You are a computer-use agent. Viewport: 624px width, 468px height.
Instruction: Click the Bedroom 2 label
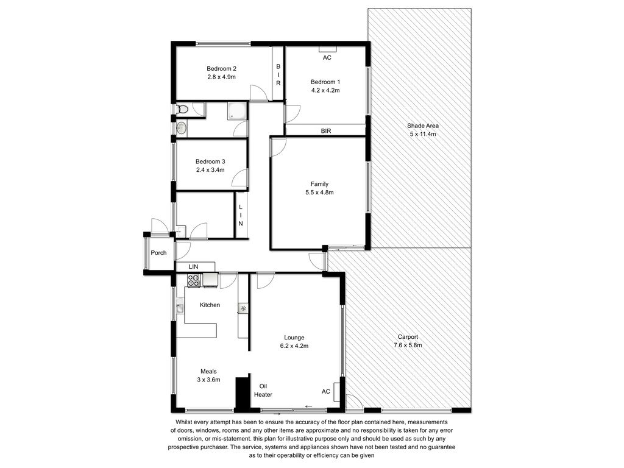coord(221,68)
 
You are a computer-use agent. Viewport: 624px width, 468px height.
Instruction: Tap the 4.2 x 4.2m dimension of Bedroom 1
coord(325,90)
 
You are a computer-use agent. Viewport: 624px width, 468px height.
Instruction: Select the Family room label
coord(319,184)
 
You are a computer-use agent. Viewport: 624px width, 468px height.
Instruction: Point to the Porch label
coord(158,253)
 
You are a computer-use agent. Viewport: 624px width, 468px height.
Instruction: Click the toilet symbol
coord(182,108)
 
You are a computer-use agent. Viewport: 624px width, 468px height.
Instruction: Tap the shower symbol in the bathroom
coord(237,111)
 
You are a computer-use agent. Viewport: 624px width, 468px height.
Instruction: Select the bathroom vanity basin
coord(181,128)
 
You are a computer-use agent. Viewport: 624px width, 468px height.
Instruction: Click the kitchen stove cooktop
coord(193,280)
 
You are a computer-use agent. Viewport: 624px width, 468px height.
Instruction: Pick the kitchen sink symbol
coord(180,308)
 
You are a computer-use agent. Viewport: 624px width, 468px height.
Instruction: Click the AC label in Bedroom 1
coord(327,58)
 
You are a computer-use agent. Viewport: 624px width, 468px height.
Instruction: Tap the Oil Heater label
coord(263,391)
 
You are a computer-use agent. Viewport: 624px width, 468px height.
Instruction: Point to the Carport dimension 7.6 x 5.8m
coord(408,345)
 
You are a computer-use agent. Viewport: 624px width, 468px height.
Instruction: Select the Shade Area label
coord(423,126)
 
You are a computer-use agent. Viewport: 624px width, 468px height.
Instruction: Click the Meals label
coord(208,371)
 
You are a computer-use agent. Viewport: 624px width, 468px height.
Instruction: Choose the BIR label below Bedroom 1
coord(326,130)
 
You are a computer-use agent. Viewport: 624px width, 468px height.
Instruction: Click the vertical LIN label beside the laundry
coord(240,215)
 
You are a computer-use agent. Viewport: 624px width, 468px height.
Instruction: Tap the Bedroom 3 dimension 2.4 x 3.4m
coord(210,170)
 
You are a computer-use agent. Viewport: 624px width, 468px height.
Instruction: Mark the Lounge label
coord(294,338)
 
